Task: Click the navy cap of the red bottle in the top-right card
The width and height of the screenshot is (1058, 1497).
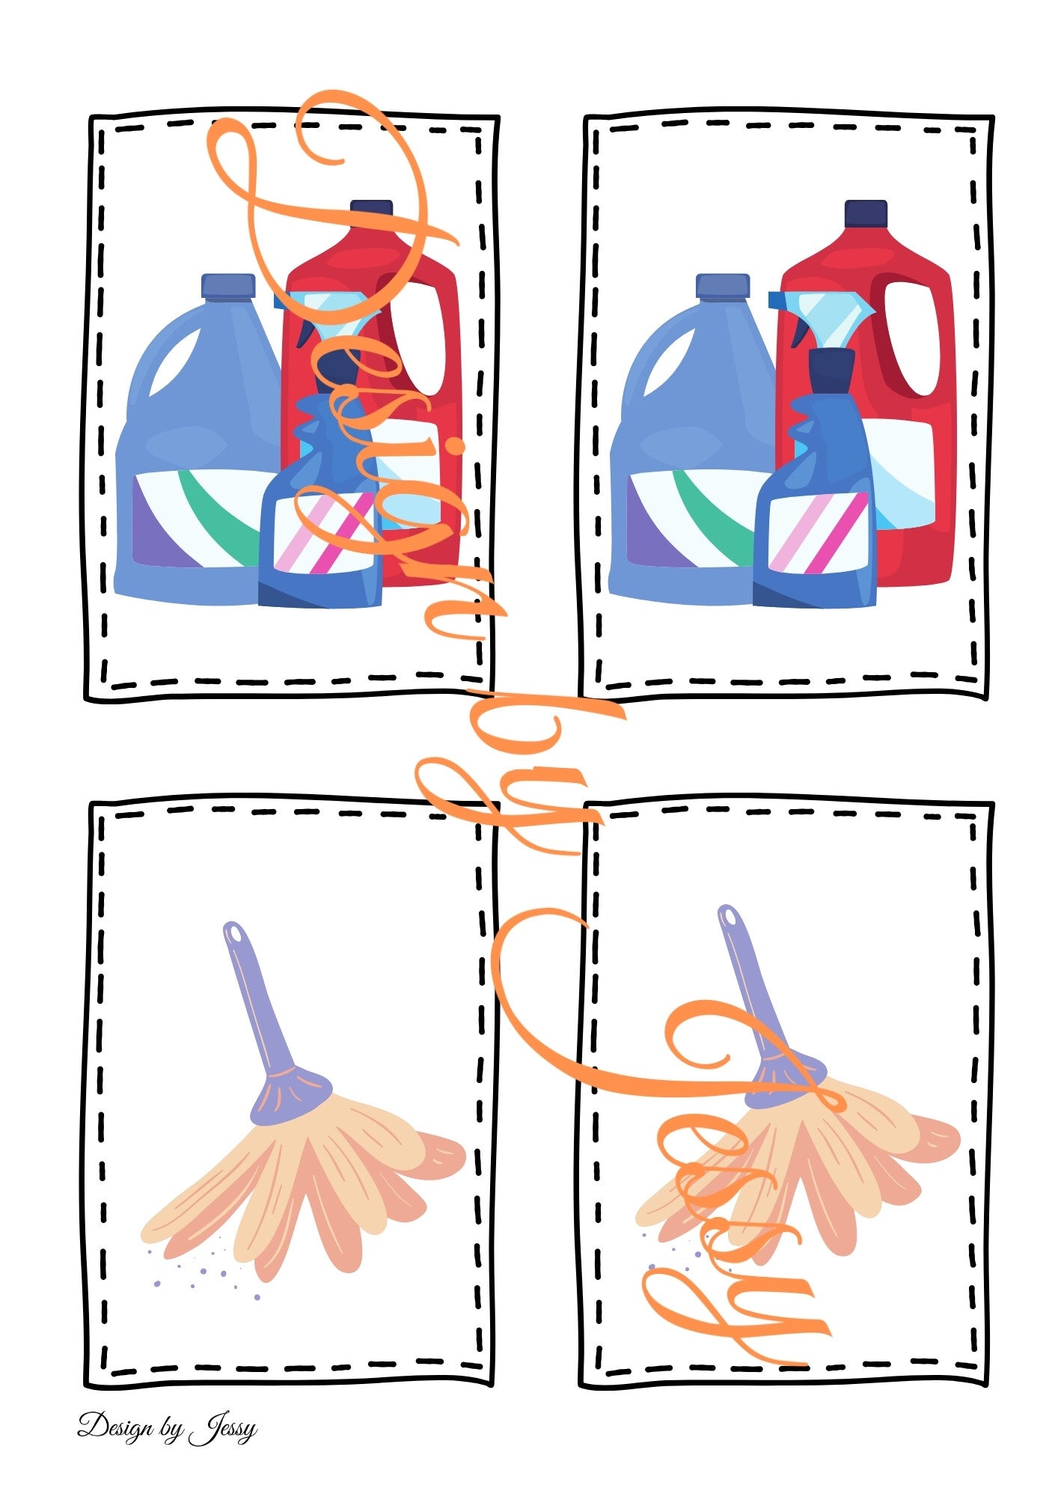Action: [866, 213]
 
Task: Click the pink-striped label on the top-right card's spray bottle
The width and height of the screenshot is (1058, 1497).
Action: [819, 533]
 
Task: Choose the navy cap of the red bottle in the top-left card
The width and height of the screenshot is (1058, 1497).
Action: [371, 213]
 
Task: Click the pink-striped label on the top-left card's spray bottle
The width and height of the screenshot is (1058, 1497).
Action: [325, 533]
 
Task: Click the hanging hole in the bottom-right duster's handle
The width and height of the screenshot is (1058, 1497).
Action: [728, 918]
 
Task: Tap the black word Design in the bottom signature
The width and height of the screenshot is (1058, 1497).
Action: [114, 1427]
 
